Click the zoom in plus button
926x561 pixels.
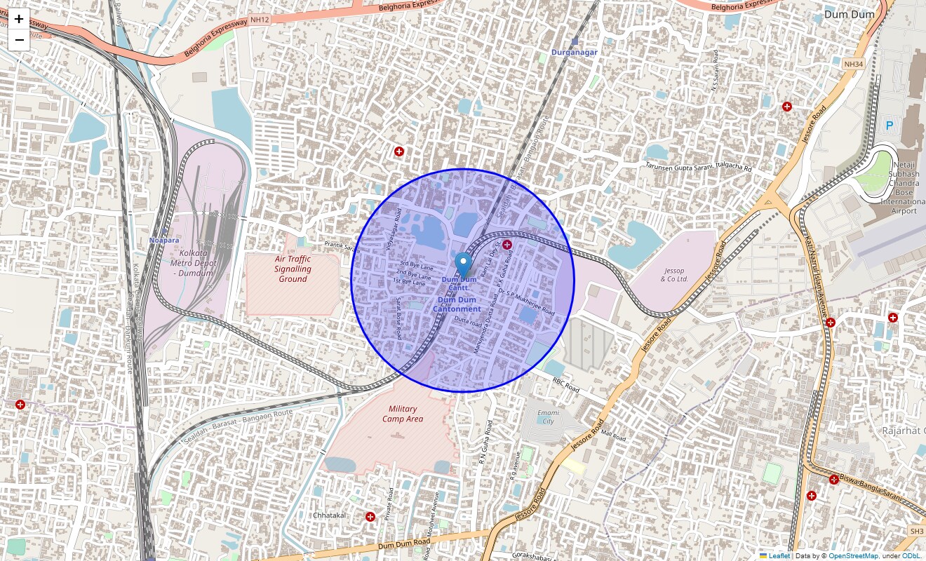click(19, 20)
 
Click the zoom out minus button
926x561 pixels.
click(19, 40)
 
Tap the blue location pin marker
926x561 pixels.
click(463, 265)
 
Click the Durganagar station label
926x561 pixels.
click(574, 52)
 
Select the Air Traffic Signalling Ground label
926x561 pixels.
click(293, 269)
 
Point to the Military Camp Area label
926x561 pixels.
click(402, 414)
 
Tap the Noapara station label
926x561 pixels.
click(164, 241)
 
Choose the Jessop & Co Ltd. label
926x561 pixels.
click(674, 275)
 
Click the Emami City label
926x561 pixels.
click(549, 417)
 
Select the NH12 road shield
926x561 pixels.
click(260, 21)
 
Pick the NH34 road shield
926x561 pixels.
click(852, 65)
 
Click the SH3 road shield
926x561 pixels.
click(916, 532)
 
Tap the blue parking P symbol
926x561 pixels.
click(890, 126)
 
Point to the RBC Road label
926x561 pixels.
click(565, 385)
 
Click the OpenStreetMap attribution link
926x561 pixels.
click(853, 556)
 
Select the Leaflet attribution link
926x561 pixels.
click(779, 556)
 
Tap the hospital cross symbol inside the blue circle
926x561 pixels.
click(507, 244)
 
